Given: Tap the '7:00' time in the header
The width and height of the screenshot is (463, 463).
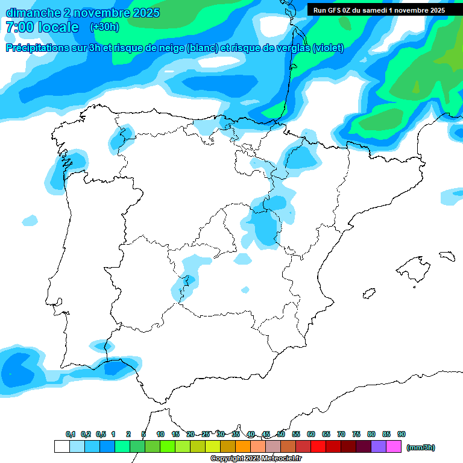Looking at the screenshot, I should point(20,27).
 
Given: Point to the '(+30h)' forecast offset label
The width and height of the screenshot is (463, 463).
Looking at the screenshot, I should point(104,27).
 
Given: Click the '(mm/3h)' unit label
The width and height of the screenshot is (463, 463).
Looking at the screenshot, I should point(421,447).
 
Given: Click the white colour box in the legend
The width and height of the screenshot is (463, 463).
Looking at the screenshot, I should point(61,447).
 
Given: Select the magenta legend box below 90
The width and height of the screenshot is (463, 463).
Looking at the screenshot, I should point(394,447).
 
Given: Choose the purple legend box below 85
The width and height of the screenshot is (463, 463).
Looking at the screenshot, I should point(379,447).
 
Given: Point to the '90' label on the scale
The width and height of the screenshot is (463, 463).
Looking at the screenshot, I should point(402,434).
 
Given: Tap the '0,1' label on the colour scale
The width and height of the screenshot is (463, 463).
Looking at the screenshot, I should point(71,434).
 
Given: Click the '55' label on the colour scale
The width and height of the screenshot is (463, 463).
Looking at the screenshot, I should point(296,434).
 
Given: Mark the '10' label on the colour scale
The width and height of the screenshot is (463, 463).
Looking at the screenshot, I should point(160,434).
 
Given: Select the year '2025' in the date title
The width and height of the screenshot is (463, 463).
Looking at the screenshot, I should point(143,13).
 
